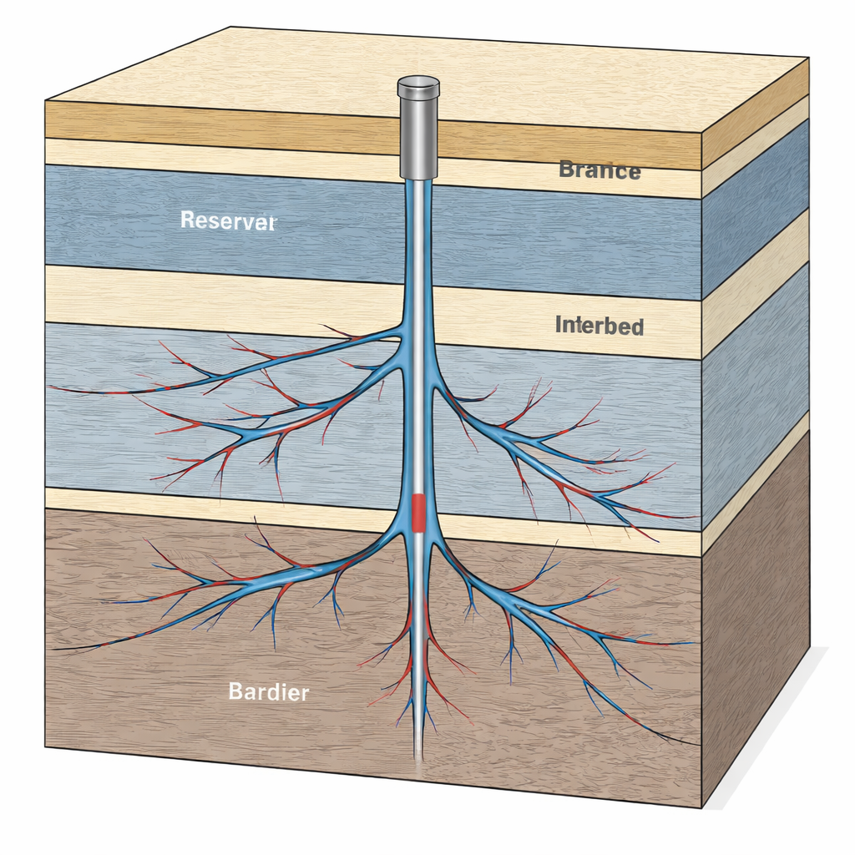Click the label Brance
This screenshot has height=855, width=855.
tap(599, 170)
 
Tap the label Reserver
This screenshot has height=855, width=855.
tap(227, 220)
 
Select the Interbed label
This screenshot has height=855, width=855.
tap(599, 326)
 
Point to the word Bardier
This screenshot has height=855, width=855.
tap(269, 691)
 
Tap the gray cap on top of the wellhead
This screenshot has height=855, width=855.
tap(418, 85)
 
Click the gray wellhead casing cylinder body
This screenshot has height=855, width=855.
tap(418, 138)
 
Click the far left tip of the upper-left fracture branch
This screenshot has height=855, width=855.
tap(52, 387)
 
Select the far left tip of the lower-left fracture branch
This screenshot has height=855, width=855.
tap(55, 649)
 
